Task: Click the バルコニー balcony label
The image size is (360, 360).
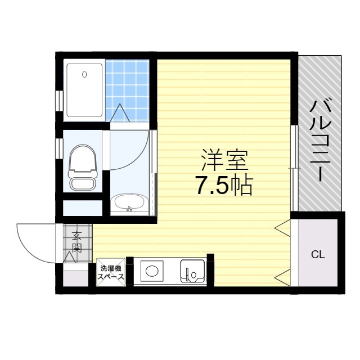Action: (x=319, y=140)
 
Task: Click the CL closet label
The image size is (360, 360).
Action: (x=318, y=254)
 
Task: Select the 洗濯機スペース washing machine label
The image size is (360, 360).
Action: (x=111, y=272)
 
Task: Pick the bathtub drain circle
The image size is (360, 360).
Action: (x=84, y=74)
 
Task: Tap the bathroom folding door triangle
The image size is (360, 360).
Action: (x=120, y=113)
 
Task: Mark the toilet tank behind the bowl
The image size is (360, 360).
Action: (x=83, y=183)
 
